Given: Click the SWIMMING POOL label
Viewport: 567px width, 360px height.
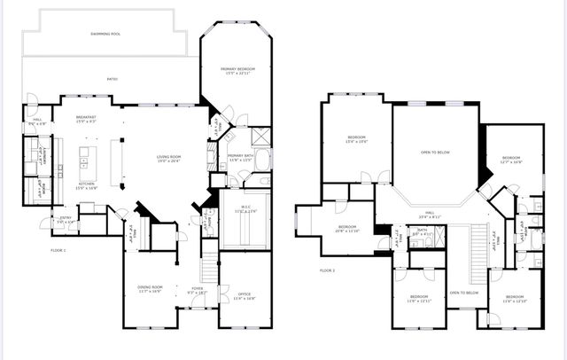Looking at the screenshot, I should pos(106,34).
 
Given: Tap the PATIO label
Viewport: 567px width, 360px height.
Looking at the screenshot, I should pos(113,80).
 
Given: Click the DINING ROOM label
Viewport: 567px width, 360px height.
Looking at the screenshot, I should pos(150,288).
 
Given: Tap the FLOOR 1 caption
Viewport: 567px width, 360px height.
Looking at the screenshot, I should pos(58,250).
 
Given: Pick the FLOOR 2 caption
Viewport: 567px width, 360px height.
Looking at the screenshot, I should pos(328,270).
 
